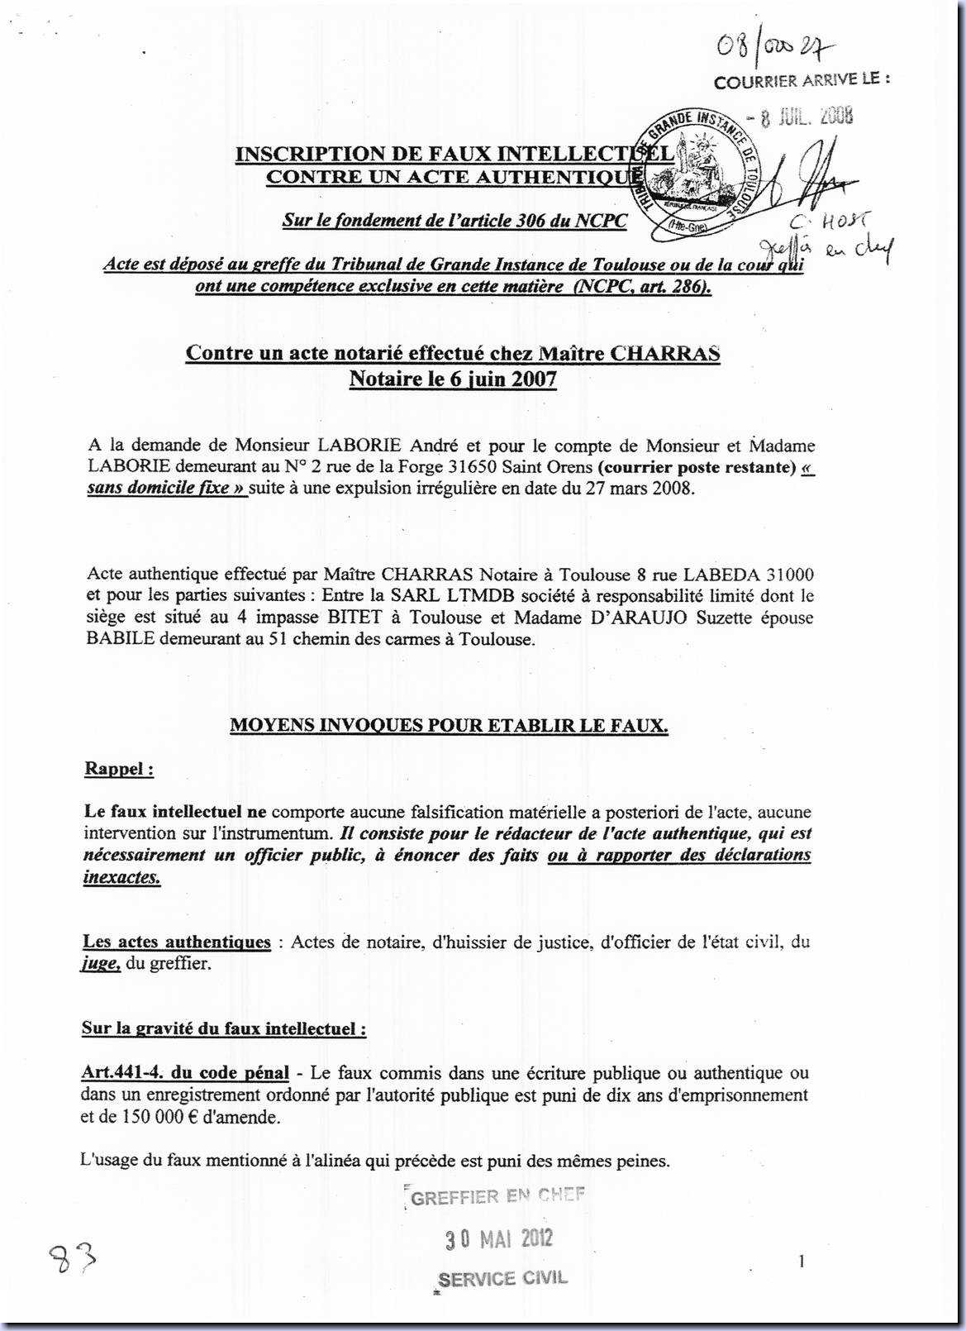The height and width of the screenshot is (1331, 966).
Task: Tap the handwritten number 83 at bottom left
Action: [73, 1261]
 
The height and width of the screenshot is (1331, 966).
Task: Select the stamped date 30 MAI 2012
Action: [498, 1238]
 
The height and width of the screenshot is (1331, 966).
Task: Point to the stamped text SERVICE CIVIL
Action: [502, 1278]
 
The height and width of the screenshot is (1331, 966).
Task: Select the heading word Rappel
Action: [117, 769]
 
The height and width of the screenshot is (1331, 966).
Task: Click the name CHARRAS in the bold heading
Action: [665, 353]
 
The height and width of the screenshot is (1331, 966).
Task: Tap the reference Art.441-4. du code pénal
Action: [185, 1073]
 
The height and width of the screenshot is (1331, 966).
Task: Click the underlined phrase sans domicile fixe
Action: [166, 488]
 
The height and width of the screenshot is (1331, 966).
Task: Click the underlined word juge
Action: [102, 964]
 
